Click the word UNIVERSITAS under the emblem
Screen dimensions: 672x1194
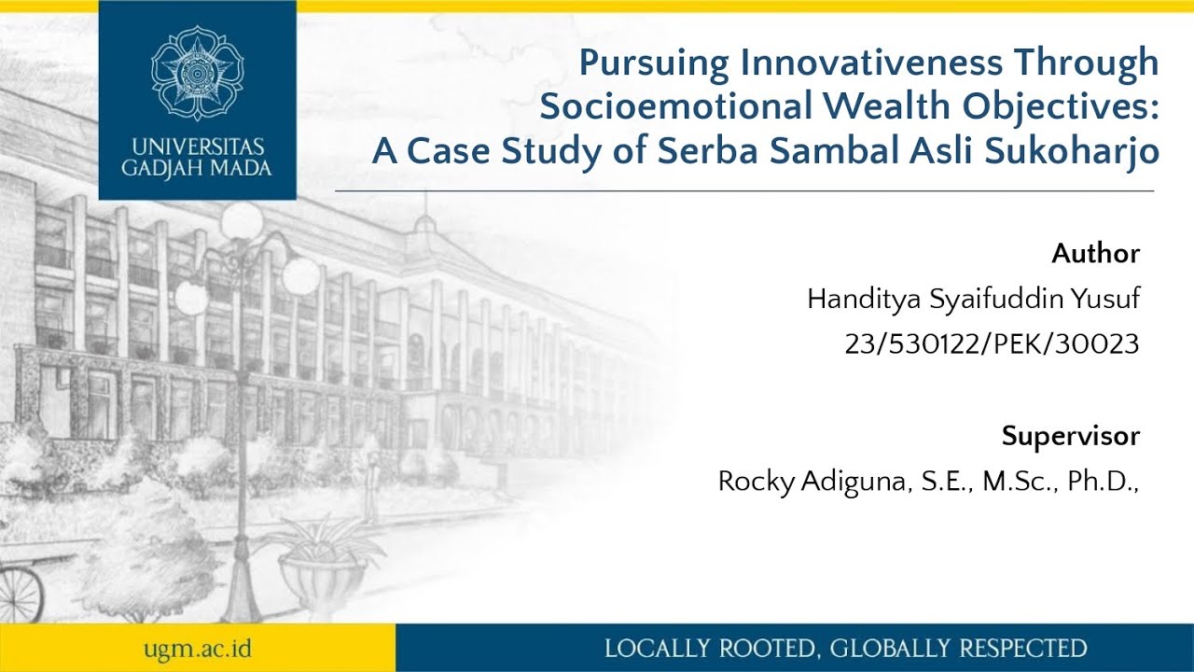pyautogui.click(x=197, y=148)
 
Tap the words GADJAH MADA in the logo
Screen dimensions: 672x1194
pyautogui.click(x=197, y=169)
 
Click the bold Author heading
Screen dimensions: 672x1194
pyautogui.click(x=1095, y=253)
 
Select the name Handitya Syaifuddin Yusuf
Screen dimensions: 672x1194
pyautogui.click(x=973, y=299)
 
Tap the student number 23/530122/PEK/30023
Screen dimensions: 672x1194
pyautogui.click(x=992, y=344)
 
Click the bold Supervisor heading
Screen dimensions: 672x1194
pyautogui.click(x=1070, y=436)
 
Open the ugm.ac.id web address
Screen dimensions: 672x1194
pyautogui.click(x=197, y=649)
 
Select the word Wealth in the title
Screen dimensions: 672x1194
pyautogui.click(x=899, y=107)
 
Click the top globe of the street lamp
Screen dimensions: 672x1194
pyautogui.click(x=242, y=222)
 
